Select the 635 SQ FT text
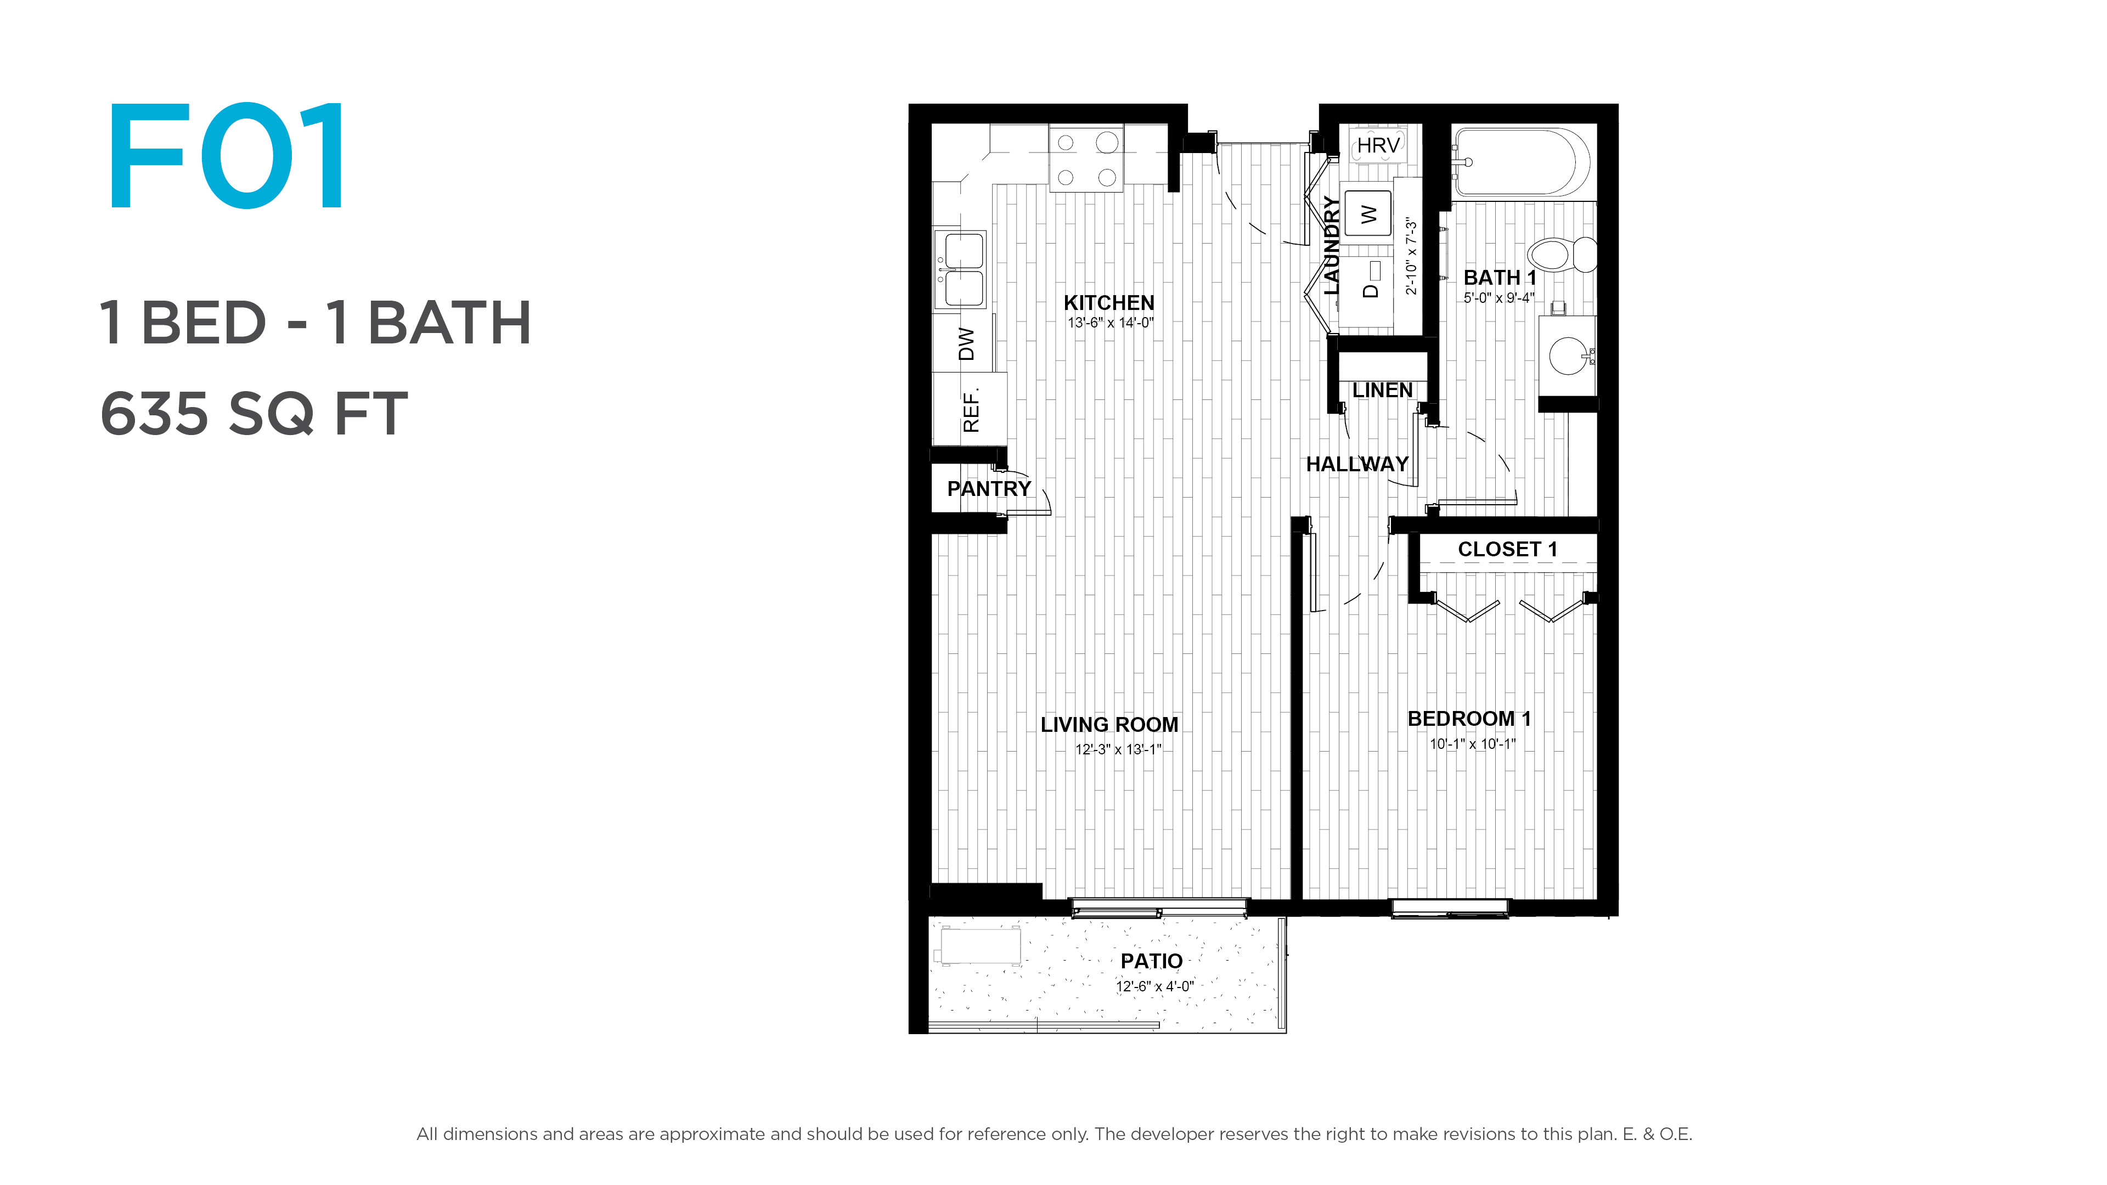[253, 413]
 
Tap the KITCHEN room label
[1109, 303]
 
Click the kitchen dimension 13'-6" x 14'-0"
[1110, 323]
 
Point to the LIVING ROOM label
[1109, 725]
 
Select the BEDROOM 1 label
[1469, 719]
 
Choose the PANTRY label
[989, 489]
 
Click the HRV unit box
[1377, 145]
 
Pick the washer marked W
[1367, 213]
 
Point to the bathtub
[1520, 162]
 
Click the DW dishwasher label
[966, 343]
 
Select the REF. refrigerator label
[970, 410]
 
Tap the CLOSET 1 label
[1507, 550]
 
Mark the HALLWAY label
[1357, 465]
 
